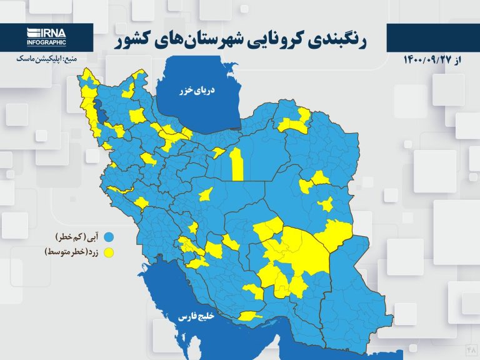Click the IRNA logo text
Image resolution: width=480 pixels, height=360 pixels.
[47, 32]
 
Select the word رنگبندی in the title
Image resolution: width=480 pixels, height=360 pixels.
[341, 39]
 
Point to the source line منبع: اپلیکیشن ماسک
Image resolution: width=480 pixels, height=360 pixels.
[46, 59]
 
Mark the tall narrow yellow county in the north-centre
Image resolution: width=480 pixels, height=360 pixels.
[236, 164]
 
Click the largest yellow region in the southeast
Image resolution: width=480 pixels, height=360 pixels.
[300, 250]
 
